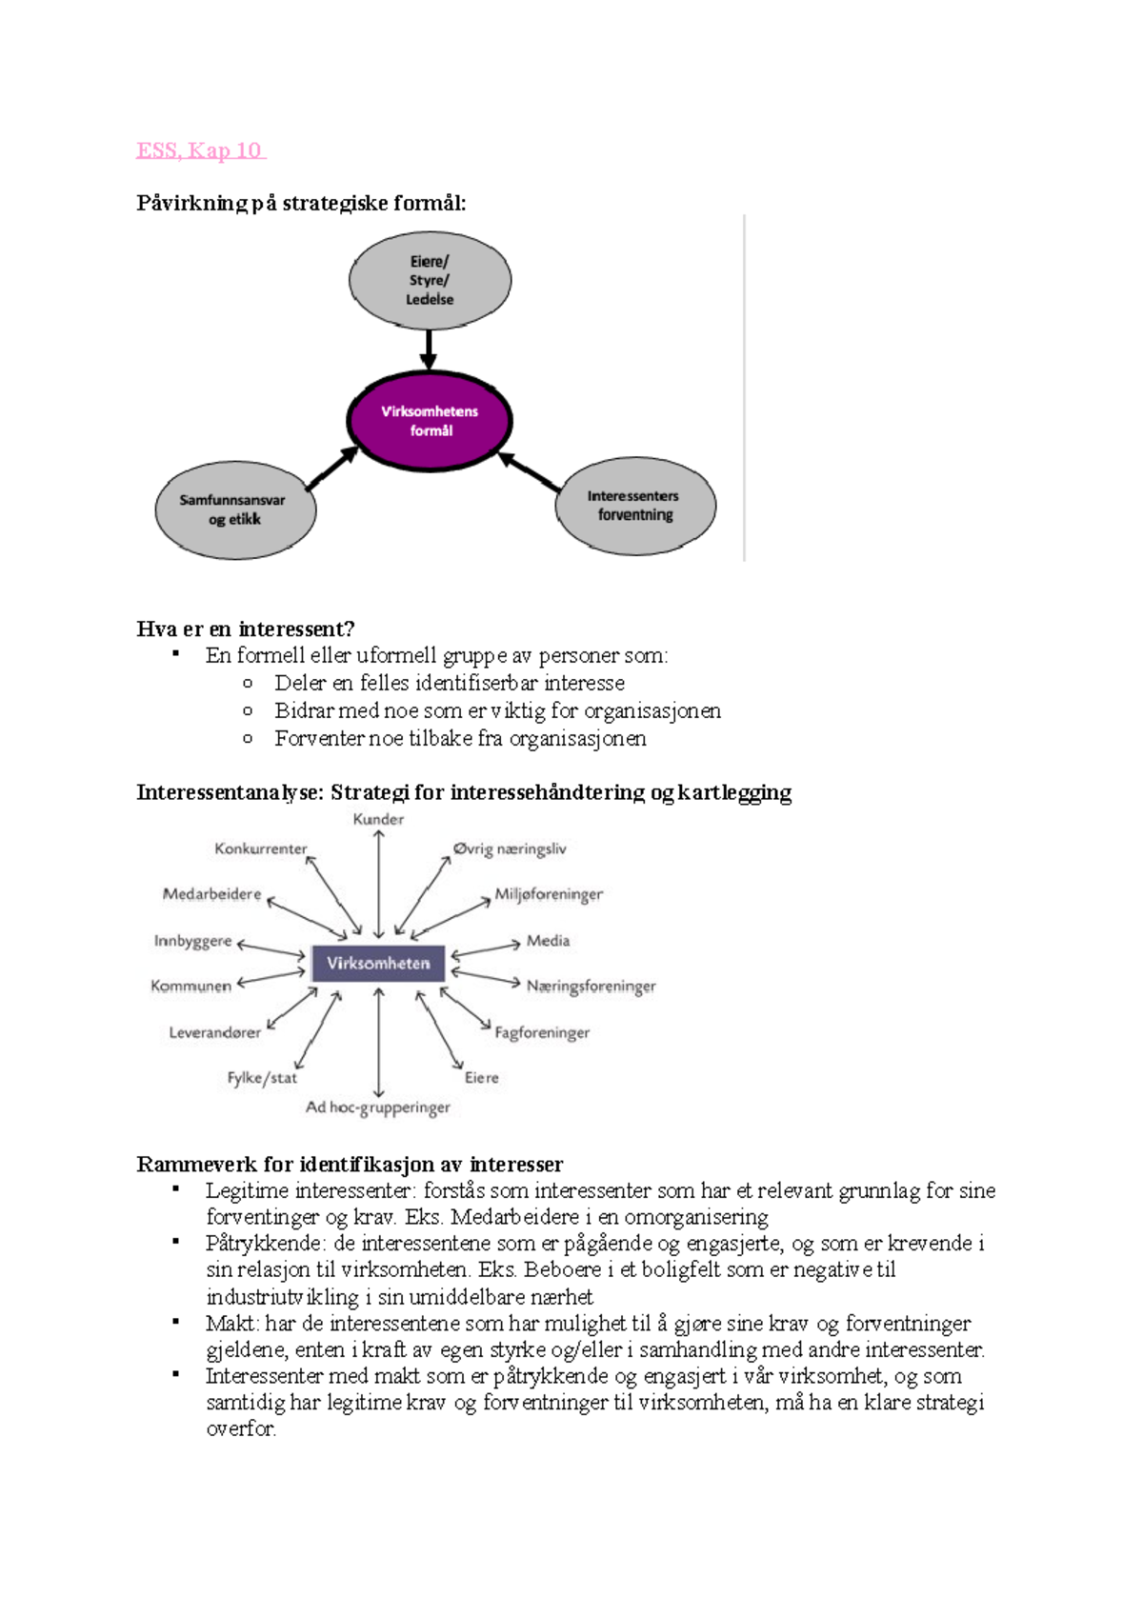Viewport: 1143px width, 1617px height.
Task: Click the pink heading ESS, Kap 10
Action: [200, 150]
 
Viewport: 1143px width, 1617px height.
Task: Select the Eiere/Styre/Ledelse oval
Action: [430, 280]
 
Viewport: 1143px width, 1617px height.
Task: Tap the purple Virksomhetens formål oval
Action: [430, 421]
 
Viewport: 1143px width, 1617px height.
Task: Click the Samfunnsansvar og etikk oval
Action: [234, 510]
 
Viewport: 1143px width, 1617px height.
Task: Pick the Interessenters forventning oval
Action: [634, 506]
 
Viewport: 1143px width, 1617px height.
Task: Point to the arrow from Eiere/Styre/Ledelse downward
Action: [429, 349]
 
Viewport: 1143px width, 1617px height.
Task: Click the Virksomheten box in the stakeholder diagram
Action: [378, 964]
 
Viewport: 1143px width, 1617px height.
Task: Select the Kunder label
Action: [378, 819]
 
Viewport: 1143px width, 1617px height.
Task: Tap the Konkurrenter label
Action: [260, 848]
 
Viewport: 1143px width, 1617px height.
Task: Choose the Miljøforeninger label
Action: [549, 895]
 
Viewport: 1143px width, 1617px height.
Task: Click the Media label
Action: [548, 941]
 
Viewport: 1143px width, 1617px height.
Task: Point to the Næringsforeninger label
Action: [591, 987]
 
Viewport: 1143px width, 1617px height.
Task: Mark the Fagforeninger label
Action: [542, 1032]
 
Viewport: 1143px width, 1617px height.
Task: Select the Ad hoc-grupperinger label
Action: [378, 1108]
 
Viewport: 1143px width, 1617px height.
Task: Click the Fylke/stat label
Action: [262, 1078]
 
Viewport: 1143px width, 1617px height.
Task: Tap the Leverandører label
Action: [214, 1032]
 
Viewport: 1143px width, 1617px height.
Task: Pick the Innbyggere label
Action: [192, 941]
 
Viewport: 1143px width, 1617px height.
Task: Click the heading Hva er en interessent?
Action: [246, 629]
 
